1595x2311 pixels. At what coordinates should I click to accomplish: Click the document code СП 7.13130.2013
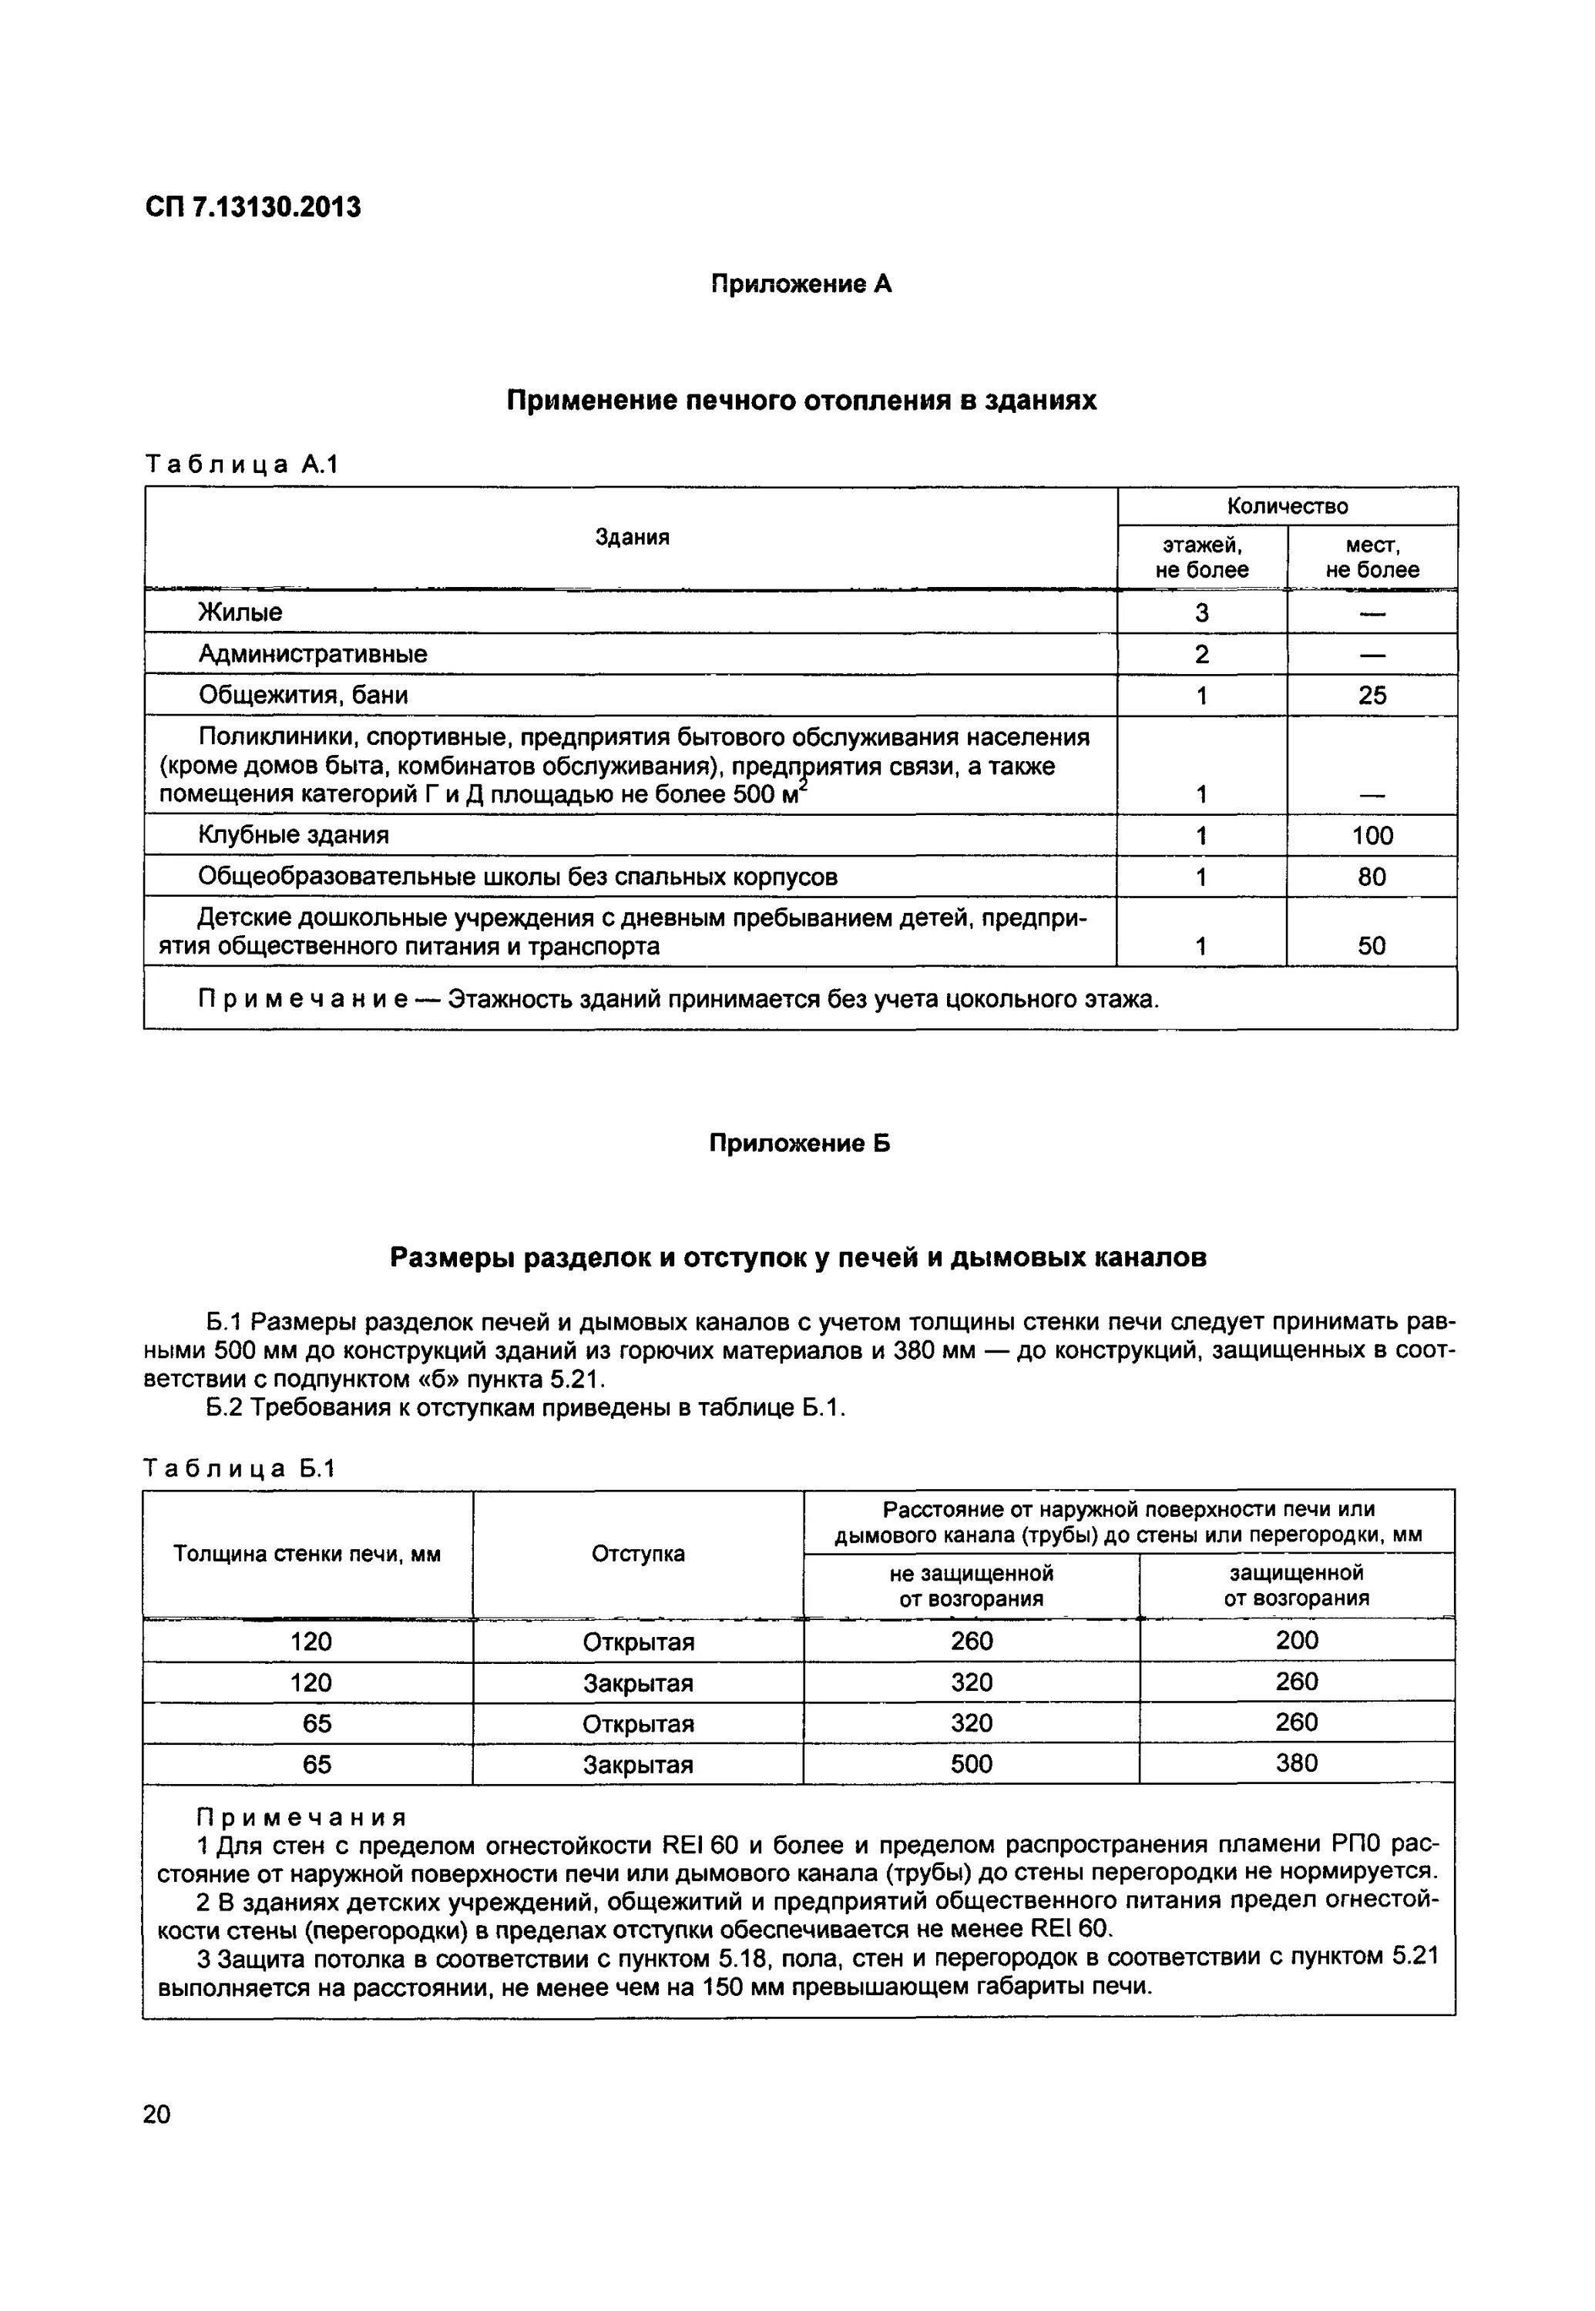(x=253, y=208)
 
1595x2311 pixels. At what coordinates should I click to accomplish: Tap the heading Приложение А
(x=801, y=285)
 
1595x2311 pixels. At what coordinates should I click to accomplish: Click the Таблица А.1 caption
(x=242, y=464)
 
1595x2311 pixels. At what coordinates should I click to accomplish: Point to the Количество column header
(x=1288, y=507)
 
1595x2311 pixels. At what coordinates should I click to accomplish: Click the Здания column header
(x=632, y=538)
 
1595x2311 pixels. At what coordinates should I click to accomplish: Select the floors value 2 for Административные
(x=1201, y=655)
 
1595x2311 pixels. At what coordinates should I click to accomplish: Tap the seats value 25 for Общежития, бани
(x=1372, y=696)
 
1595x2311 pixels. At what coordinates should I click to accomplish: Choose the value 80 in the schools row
(x=1372, y=877)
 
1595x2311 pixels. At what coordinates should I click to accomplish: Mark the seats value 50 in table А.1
(x=1372, y=946)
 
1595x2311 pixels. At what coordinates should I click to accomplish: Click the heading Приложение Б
(x=800, y=1143)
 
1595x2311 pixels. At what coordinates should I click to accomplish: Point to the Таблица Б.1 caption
(x=240, y=1467)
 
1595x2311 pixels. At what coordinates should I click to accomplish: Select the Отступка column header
(x=639, y=1554)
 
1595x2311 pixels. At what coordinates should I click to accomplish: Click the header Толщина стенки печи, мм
(x=307, y=1554)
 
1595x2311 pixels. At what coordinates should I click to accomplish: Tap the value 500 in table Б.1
(x=972, y=1765)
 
